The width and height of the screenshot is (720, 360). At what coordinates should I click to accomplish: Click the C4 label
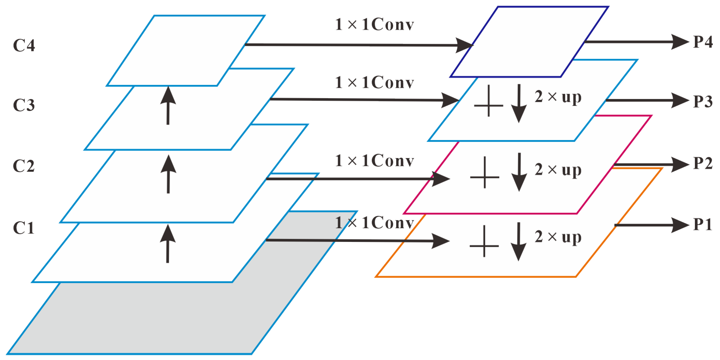coord(24,45)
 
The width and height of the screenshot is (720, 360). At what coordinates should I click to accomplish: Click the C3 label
coord(24,105)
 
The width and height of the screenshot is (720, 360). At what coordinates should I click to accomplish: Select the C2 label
coord(24,166)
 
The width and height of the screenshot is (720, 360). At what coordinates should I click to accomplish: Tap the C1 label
coord(24,228)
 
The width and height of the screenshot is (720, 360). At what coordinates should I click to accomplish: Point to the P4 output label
coord(703,42)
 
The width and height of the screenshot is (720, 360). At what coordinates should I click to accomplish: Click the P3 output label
coord(703,101)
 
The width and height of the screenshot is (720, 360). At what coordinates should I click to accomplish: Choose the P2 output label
coord(703,163)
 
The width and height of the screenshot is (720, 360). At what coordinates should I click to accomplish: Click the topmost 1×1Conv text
coord(374,24)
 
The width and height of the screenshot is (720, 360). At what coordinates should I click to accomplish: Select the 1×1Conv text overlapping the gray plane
coord(374,223)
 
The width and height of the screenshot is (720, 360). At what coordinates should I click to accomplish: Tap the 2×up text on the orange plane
coord(558,237)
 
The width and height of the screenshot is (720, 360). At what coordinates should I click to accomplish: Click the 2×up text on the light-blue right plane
coord(558,97)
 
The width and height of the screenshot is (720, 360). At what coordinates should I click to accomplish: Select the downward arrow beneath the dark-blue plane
coord(519,104)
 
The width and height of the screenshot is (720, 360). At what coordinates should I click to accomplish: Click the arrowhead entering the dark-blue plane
coord(464,45)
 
